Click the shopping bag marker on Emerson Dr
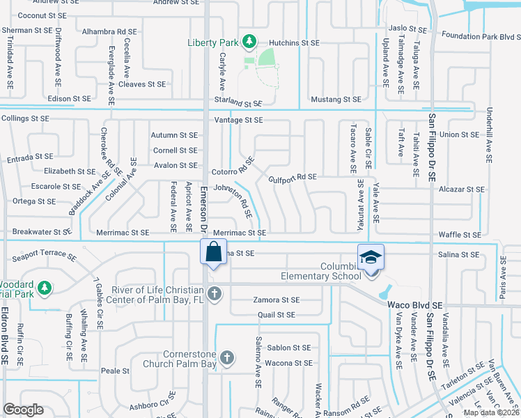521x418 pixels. pos(213,251)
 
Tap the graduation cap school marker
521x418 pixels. pos(371,258)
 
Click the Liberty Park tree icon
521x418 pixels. pos(249,42)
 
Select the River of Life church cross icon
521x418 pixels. pos(215,293)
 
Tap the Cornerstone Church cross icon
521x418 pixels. pos(226,358)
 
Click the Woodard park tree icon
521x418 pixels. pos(45,287)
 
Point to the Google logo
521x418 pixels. pos(24,410)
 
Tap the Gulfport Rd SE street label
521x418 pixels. pos(293,178)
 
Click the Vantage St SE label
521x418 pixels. pos(238,121)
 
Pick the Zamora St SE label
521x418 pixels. pos(276,300)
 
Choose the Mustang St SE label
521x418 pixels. pos(336,100)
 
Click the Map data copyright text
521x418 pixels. pos(492,412)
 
